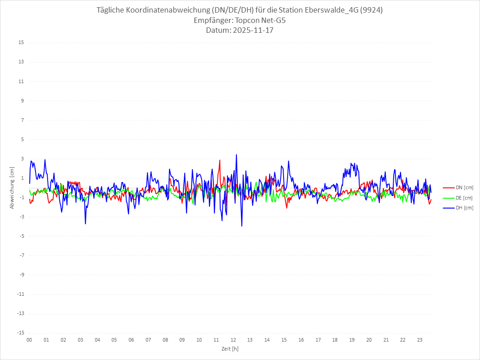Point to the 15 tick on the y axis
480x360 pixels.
(21, 43)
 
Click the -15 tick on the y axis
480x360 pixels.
(20, 333)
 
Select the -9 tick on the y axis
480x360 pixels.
(21, 275)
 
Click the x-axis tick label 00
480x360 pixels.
(29, 340)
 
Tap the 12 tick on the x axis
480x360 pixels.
(233, 340)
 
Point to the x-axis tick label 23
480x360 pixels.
(420, 340)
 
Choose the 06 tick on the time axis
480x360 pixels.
(131, 340)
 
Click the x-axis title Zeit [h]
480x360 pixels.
(230, 348)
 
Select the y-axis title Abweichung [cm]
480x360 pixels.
(12, 187)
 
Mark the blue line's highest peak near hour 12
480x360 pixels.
(236, 155)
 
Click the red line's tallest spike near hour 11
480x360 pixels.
(220, 160)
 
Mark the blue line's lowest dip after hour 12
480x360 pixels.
(242, 226)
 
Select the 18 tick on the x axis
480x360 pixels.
(335, 340)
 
